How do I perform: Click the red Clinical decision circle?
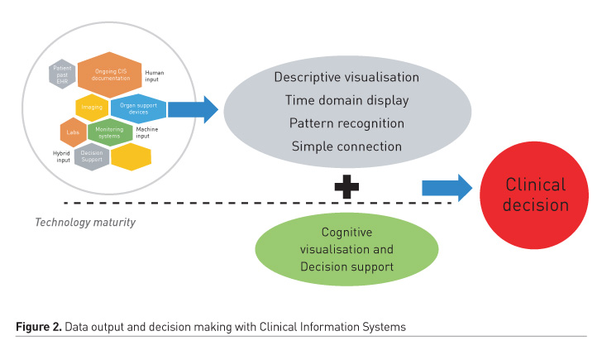536,194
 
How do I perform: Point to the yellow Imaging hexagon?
93,108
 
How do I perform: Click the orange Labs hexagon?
73,132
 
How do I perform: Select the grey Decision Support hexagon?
92,156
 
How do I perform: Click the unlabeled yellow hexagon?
131,156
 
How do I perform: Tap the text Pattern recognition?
346,123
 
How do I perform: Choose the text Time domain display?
346,100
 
